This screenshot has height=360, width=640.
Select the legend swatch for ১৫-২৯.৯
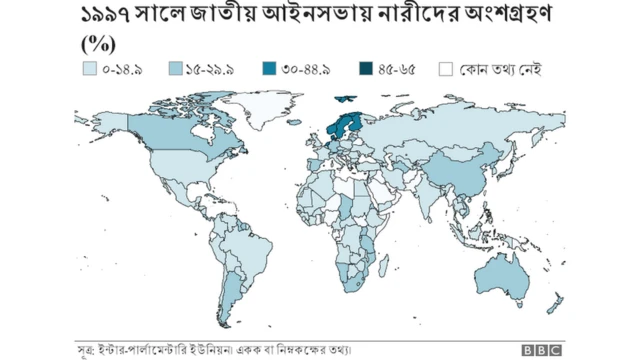(175, 70)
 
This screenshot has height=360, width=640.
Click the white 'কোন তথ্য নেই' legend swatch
(446, 70)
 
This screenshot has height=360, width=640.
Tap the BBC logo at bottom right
(540, 350)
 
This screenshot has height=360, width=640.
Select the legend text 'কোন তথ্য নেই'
(500, 70)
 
